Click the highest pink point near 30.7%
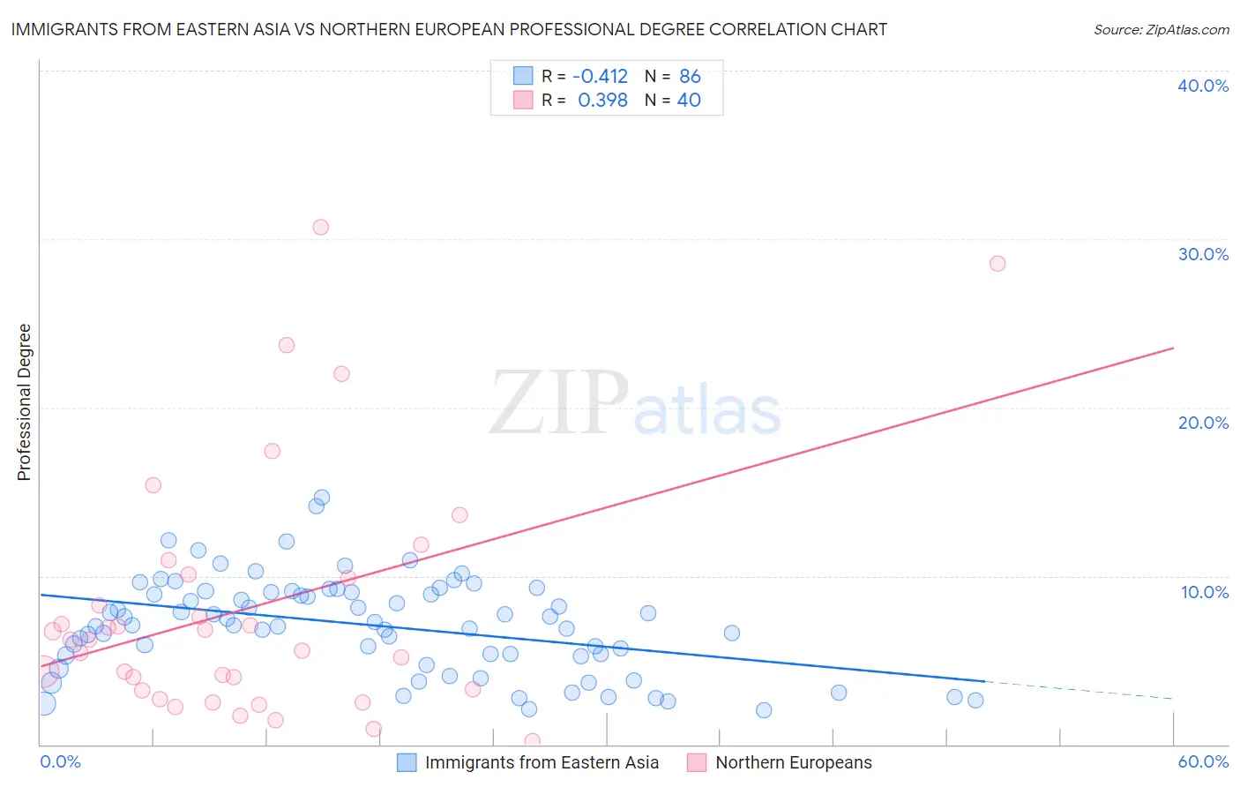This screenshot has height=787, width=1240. [x=321, y=228]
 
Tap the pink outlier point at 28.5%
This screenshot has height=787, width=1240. [x=997, y=264]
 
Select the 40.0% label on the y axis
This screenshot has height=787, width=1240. [x=1203, y=86]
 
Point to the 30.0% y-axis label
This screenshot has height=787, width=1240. [x=1203, y=254]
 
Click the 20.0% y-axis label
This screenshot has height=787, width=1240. [x=1203, y=423]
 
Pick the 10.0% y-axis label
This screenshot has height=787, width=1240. [x=1204, y=592]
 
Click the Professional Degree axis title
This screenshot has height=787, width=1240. [x=25, y=402]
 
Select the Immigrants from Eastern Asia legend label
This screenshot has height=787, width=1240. [x=542, y=763]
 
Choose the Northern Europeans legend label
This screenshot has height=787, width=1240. [x=793, y=763]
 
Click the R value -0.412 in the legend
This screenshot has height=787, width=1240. [x=600, y=77]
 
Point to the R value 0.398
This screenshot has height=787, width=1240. [x=602, y=101]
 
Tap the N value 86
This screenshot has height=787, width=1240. [x=690, y=77]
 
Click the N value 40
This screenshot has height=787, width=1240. [x=689, y=101]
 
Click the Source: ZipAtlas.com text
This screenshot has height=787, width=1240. [x=1162, y=30]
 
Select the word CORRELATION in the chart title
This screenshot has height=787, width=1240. [x=766, y=30]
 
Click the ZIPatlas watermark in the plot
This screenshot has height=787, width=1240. [x=635, y=404]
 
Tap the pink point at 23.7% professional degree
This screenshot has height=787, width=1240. [x=287, y=346]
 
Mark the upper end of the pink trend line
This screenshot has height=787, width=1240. [x=1173, y=348]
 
